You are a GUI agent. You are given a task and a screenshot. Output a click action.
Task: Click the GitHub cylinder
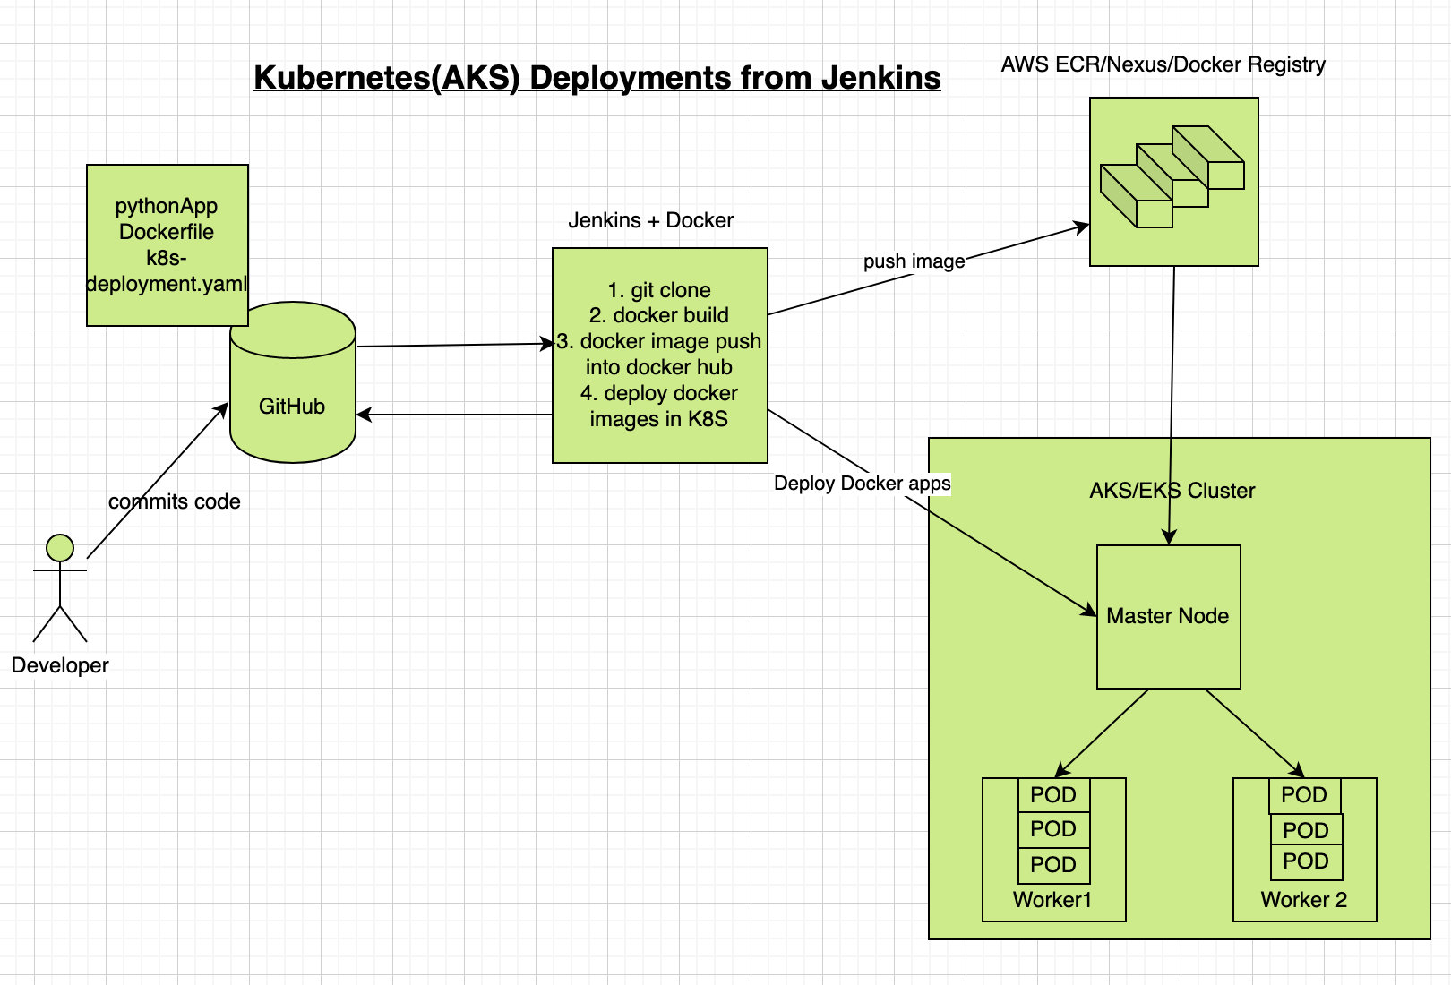pyautogui.click(x=293, y=394)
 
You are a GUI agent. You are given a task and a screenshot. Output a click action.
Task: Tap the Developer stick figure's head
pyautogui.click(x=60, y=548)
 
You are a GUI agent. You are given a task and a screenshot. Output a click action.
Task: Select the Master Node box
pyautogui.click(x=1168, y=616)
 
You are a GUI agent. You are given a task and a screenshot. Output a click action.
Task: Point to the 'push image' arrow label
pyautogui.click(x=914, y=261)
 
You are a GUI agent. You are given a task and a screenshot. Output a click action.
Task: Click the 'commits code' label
pyautogui.click(x=175, y=501)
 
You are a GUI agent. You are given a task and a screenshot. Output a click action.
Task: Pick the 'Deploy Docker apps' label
pyautogui.click(x=862, y=484)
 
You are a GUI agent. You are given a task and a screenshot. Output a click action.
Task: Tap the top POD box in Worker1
pyautogui.click(x=1053, y=795)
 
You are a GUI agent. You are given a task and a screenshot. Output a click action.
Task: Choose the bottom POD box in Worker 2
pyautogui.click(x=1306, y=861)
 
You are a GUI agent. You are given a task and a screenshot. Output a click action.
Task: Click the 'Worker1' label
pyautogui.click(x=1052, y=900)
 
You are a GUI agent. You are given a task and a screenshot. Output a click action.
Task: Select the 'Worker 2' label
pyautogui.click(x=1303, y=900)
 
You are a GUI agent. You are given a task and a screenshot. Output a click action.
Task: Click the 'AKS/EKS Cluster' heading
pyautogui.click(x=1172, y=491)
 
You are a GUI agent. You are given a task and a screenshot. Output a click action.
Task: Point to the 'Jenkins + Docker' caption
pyautogui.click(x=650, y=220)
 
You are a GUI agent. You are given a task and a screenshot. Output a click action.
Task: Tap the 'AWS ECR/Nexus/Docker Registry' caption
pyautogui.click(x=1163, y=64)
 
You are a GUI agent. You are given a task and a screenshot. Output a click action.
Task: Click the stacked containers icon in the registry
pyautogui.click(x=1172, y=176)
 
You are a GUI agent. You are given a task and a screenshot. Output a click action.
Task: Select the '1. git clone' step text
pyautogui.click(x=659, y=290)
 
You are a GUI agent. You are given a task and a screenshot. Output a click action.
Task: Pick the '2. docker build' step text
pyautogui.click(x=659, y=315)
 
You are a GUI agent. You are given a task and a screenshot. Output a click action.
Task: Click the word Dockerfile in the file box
pyautogui.click(x=167, y=232)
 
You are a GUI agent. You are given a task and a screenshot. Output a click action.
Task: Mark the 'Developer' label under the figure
pyautogui.click(x=60, y=665)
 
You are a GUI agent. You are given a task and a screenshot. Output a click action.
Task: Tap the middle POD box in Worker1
pyautogui.click(x=1053, y=829)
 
